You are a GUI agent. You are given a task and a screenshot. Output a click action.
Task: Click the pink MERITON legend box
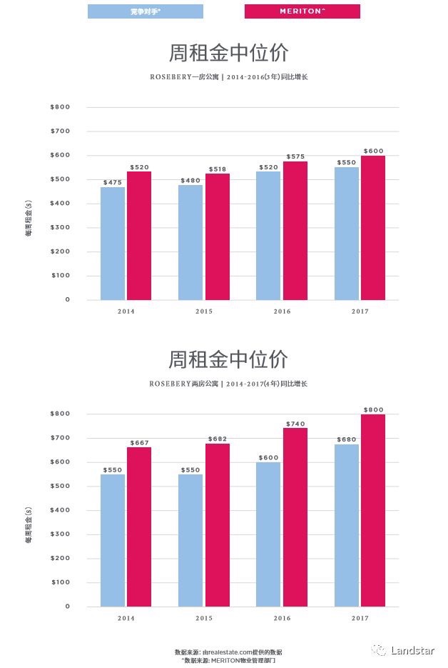pos(302,11)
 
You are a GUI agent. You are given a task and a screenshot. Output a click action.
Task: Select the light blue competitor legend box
pos(145,11)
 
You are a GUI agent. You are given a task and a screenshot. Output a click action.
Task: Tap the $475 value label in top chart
pos(113,182)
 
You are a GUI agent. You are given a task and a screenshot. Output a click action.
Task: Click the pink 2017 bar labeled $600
pos(372,227)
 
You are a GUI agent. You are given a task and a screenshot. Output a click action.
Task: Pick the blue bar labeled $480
pos(190,242)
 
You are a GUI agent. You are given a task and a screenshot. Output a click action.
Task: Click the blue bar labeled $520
pos(268,235)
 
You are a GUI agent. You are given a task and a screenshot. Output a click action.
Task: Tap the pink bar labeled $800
pos(372,510)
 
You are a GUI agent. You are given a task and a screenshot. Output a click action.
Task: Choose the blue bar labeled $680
pos(347,525)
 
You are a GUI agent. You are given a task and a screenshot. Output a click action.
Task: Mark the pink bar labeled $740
pos(295,517)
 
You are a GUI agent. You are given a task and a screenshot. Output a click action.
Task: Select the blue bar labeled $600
pos(268,534)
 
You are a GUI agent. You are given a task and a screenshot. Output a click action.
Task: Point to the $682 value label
pos(218,439)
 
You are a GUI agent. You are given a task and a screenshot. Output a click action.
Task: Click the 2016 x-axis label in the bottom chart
pos(282,619)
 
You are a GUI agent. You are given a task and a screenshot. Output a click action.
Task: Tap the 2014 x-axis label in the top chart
pos(126,311)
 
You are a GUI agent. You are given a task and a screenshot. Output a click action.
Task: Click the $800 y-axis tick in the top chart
pos(60,107)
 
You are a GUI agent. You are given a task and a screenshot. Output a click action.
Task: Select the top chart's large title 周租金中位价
pos(228,53)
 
